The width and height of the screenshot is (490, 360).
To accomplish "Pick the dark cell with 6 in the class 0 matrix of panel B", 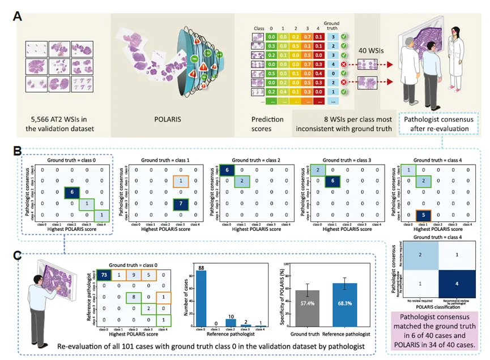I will click(71, 192).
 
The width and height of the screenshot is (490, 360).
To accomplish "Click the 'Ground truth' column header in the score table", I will click(331, 27).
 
